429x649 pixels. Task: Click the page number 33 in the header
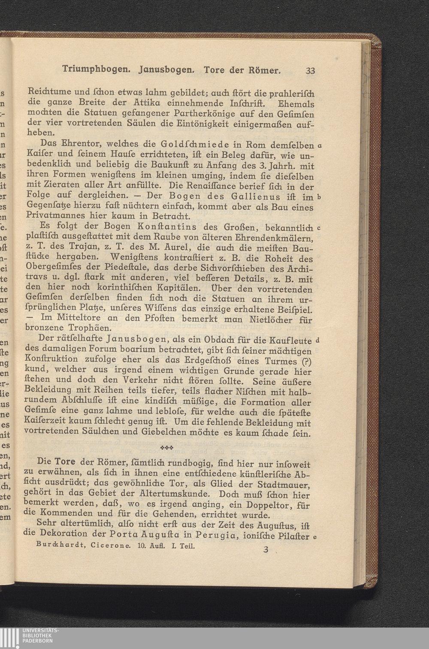tap(310, 71)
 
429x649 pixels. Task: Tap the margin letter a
tap(320, 145)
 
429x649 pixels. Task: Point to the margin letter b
tap(319, 197)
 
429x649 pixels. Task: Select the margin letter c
tap(319, 227)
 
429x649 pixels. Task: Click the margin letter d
tap(317, 341)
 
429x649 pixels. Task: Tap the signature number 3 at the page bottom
tap(266, 549)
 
